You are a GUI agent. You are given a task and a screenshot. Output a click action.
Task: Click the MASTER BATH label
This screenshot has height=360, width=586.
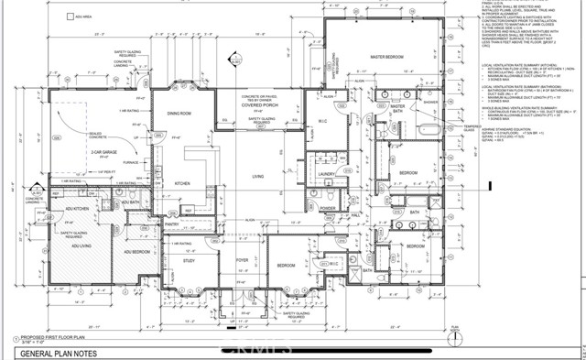pyautogui.click(x=397, y=108)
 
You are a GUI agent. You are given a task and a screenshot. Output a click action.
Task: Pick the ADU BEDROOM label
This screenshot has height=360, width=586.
pyautogui.click(x=125, y=249)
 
